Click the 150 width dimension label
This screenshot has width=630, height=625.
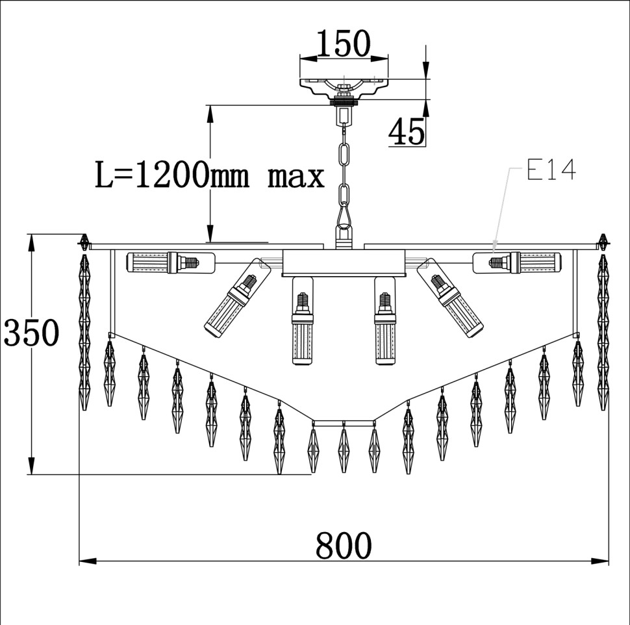click(x=344, y=43)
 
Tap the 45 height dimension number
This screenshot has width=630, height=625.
click(x=407, y=132)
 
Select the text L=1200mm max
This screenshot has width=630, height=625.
click(x=209, y=175)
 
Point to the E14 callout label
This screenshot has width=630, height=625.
click(x=551, y=170)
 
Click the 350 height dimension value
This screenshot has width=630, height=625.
click(x=31, y=333)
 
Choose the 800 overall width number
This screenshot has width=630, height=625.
click(x=344, y=546)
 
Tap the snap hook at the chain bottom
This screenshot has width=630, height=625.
click(x=344, y=215)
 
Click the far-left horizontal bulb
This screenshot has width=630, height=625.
click(x=163, y=262)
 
